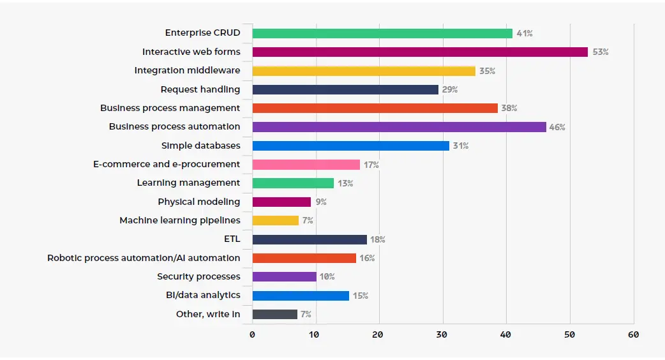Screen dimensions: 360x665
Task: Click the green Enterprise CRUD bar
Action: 382,33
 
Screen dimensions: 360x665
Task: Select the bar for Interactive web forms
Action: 419,52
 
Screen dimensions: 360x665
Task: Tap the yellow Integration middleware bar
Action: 363,71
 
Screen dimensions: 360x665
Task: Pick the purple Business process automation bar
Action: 399,127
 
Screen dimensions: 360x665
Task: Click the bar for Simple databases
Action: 350,146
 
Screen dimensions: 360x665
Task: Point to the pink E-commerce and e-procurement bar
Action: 306,165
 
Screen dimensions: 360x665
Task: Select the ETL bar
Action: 309,239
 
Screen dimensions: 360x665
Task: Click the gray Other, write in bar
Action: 274,314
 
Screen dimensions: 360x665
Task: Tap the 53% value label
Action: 600,52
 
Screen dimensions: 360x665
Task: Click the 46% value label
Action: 557,127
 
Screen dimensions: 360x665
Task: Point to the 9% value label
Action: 321,202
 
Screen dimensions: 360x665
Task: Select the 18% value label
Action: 378,240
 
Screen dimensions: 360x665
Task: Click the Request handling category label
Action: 200,89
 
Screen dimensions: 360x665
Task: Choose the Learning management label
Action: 188,183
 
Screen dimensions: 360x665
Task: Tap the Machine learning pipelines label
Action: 179,220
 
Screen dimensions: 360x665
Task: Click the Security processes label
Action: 198,276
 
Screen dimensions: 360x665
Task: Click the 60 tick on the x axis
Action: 632,334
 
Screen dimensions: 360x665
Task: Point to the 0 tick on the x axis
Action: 252,334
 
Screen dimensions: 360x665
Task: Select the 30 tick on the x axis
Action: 442,334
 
